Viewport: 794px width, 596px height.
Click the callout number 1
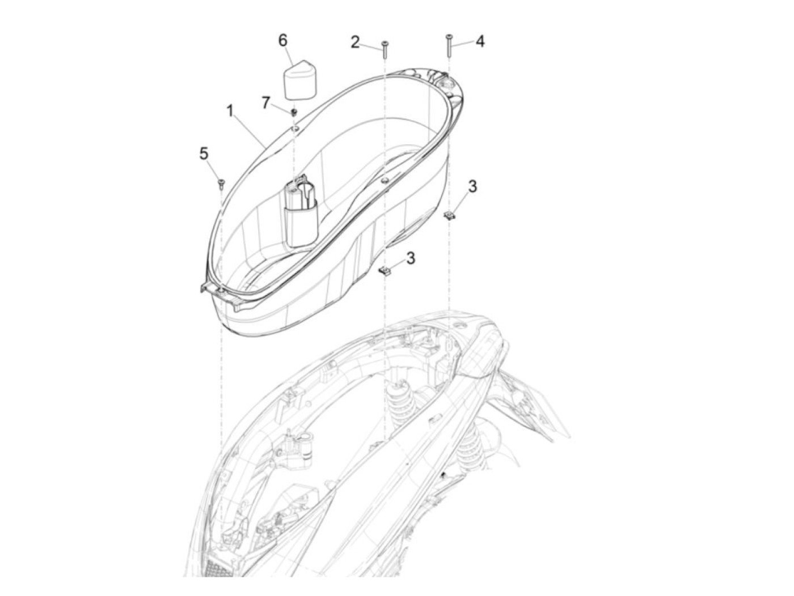coord(230,111)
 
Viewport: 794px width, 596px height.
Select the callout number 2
coord(355,42)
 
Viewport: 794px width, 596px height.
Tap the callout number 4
coord(480,41)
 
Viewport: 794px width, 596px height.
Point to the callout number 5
coord(204,154)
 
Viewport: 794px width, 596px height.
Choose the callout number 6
coord(282,41)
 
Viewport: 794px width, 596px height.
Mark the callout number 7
coord(265,103)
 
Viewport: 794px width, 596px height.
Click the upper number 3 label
coord(472,186)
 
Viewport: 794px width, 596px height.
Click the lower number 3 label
coord(410,258)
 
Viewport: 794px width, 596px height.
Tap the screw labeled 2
coord(385,50)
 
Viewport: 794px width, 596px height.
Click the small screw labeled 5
coord(221,182)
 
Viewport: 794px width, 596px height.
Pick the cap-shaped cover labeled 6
coord(302,79)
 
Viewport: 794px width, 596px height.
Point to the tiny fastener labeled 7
coord(294,111)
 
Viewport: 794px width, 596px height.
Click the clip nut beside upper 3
coord(450,215)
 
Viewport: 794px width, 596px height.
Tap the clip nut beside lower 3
coord(386,271)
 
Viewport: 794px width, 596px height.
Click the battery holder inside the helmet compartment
coord(301,212)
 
